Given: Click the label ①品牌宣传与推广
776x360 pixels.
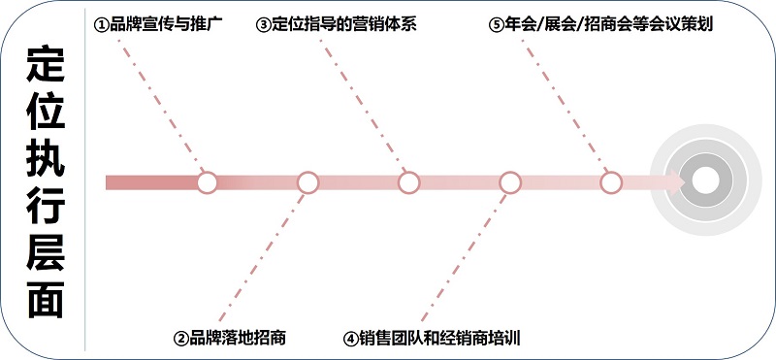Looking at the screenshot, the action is coord(159,24).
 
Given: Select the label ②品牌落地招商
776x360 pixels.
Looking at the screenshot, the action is coord(230,339).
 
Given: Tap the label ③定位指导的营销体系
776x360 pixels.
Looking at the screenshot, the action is coord(337,24).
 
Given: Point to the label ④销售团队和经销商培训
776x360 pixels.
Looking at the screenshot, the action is coord(433,339).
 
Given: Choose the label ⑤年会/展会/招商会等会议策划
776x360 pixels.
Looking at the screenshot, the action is coord(601,24).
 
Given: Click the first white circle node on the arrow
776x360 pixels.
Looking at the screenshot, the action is coord(207,182).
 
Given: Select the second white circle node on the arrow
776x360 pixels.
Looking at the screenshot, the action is coord(307,182).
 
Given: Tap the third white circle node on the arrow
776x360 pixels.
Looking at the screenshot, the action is coord(408,182).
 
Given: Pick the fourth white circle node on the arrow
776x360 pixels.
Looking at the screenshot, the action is coord(510,182).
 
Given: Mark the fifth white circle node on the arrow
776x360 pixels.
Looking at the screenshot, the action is coord(611,182).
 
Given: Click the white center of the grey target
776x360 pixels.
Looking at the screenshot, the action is coord(705,180).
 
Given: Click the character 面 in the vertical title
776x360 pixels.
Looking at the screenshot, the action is coord(46,299).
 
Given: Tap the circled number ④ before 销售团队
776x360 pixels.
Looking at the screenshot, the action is coord(351,339).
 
